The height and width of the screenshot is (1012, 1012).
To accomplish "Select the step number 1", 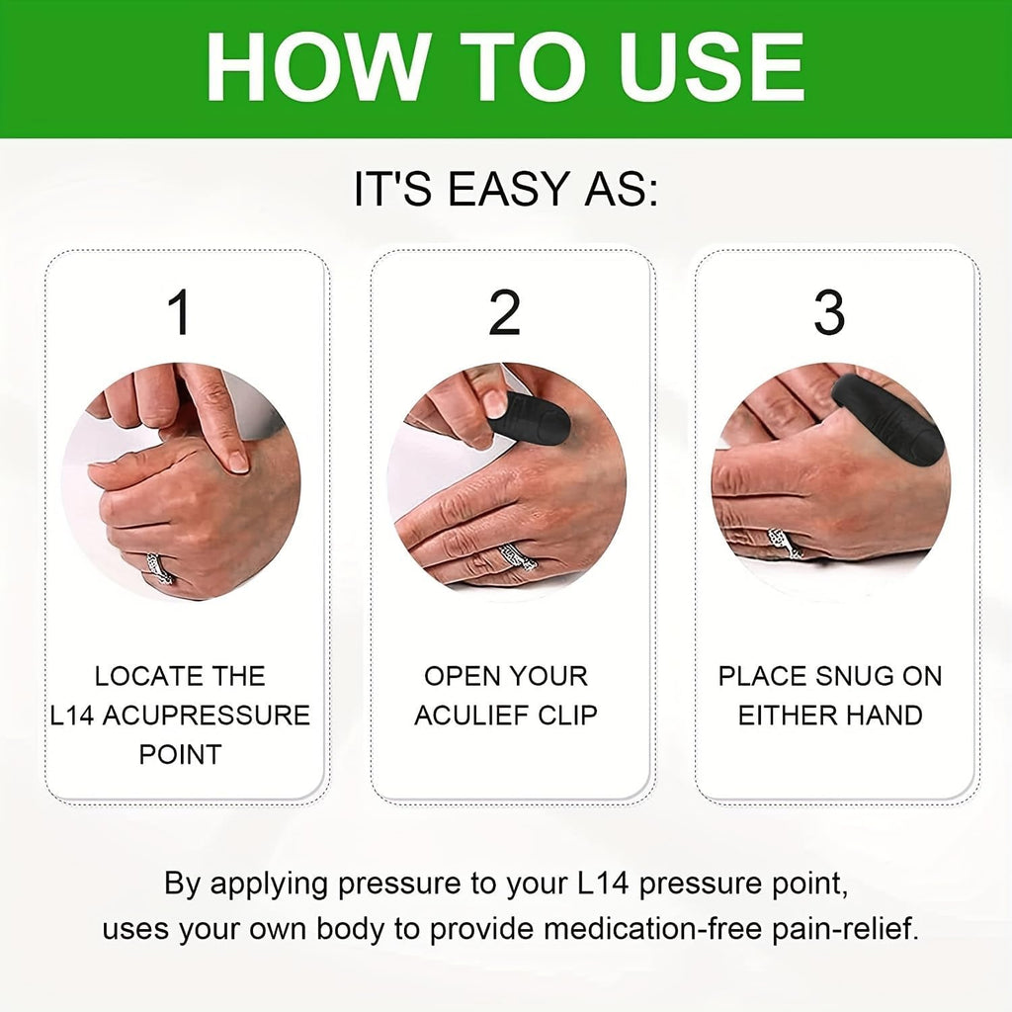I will coord(180,312).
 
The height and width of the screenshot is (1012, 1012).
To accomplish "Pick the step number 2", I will coord(504,312).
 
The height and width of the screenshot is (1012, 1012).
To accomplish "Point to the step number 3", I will coord(828,312).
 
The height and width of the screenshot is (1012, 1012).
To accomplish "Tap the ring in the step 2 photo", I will coord(515,559).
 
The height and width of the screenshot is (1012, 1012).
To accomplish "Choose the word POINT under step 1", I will coord(180,754).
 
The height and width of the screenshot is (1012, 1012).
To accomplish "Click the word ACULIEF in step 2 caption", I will coord(471,716).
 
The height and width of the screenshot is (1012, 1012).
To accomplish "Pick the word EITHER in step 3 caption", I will coord(786,716).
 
